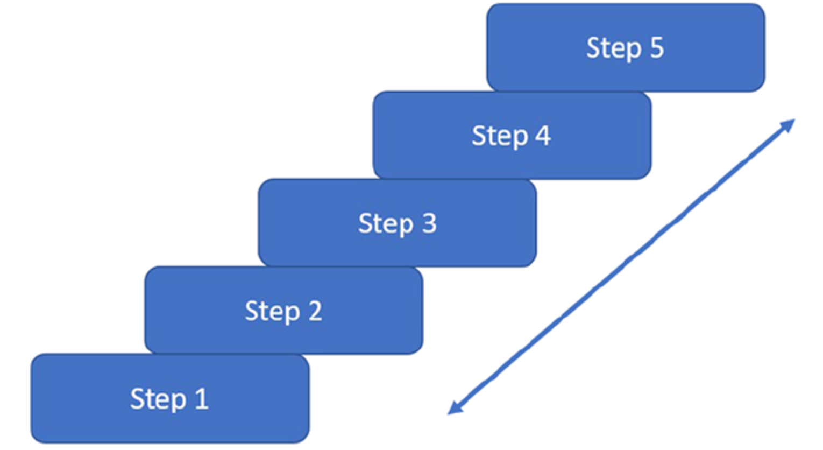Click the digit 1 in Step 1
click(x=201, y=399)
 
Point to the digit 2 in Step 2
click(x=315, y=311)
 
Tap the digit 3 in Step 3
click(x=429, y=223)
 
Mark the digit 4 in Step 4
click(x=542, y=136)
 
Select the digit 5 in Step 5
click(x=656, y=48)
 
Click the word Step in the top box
click(x=613, y=48)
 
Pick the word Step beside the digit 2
click(x=272, y=312)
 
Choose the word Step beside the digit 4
click(x=499, y=136)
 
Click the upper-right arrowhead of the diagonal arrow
click(x=789, y=124)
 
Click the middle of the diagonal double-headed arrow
click(x=621, y=266)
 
